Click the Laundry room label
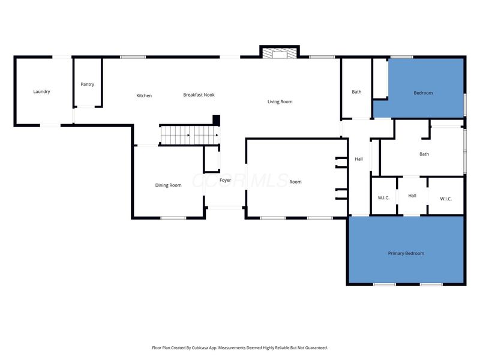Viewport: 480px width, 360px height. (41, 92)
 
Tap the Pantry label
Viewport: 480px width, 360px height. (87, 84)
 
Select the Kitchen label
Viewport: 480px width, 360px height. (144, 95)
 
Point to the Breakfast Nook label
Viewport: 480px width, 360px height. (199, 95)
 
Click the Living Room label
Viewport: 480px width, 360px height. (280, 101)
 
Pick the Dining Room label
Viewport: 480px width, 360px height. (169, 185)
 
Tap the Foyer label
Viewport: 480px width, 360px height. (225, 181)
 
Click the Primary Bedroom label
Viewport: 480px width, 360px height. (406, 253)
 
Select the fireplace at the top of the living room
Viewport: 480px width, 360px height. (280, 53)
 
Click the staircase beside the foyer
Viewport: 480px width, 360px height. (190, 135)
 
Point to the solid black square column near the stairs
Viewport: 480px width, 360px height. (216, 120)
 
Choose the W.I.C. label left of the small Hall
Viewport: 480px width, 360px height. (383, 198)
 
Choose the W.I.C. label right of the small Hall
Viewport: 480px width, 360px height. (446, 199)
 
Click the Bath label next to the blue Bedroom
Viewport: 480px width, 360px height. (356, 92)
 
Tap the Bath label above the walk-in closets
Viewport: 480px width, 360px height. (424, 154)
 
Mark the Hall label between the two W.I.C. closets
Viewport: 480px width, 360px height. (412, 196)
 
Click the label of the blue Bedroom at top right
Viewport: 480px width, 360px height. (423, 93)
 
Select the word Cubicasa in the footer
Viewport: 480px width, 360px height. (200, 348)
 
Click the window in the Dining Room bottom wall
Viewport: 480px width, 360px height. (173, 218)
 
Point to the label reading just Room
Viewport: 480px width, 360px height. (295, 182)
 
